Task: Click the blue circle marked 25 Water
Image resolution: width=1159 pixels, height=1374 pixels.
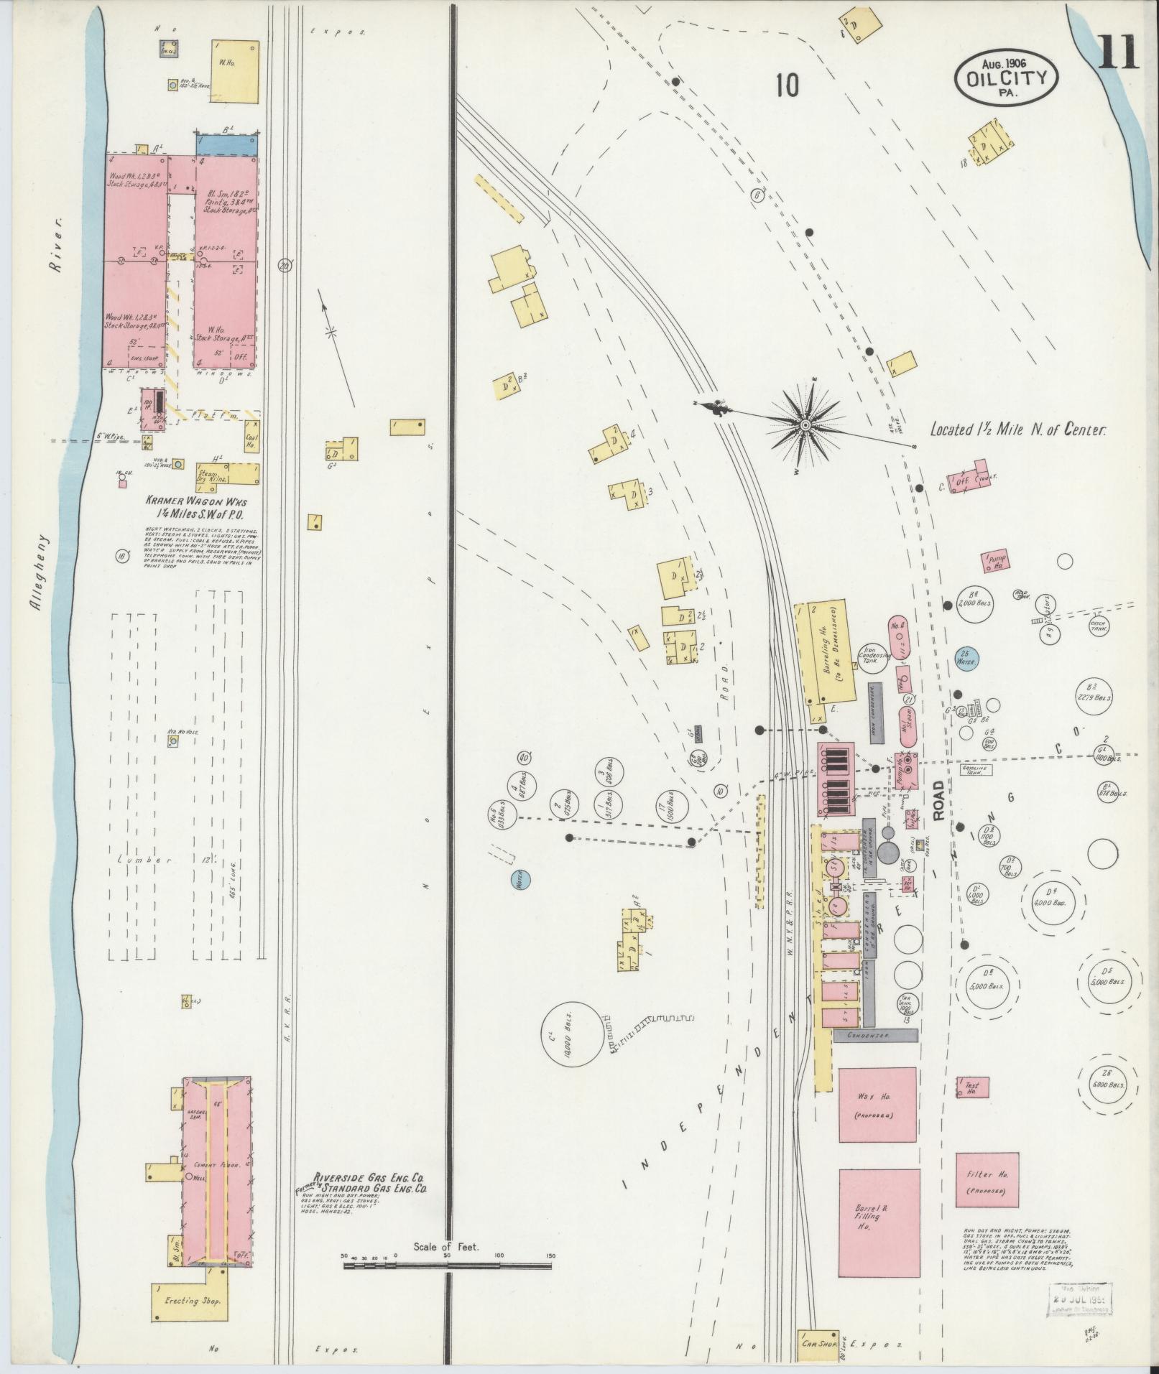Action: tap(967, 659)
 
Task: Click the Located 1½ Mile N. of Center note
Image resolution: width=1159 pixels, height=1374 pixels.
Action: tap(1017, 430)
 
